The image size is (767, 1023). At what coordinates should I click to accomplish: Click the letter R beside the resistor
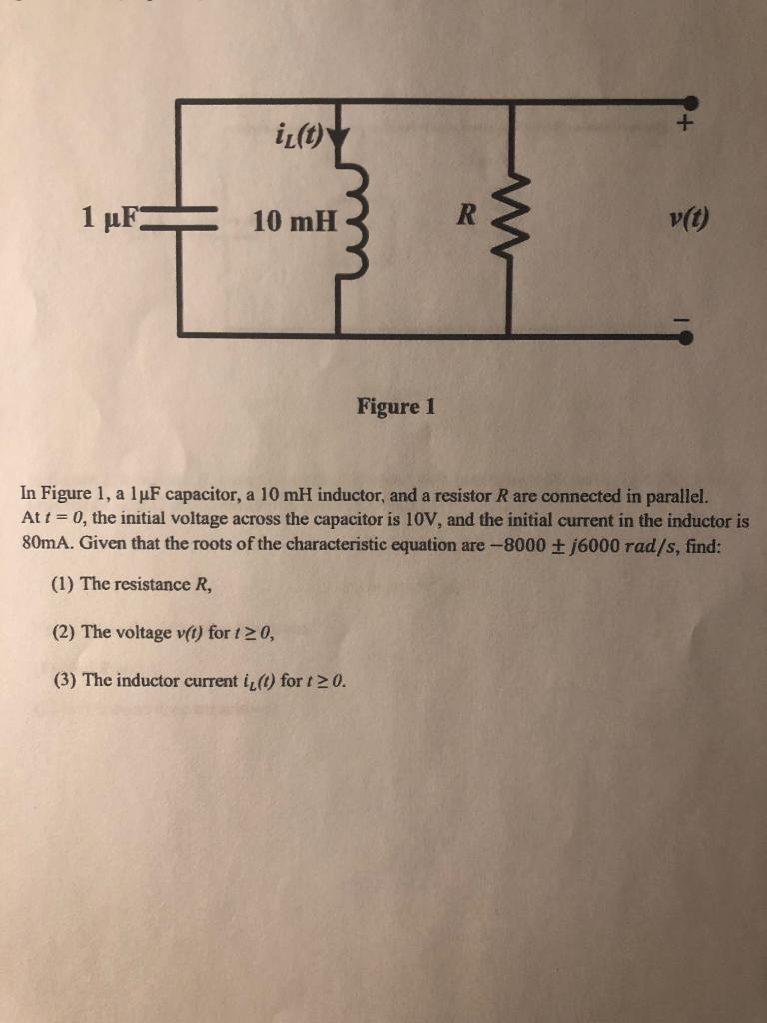pyautogui.click(x=467, y=213)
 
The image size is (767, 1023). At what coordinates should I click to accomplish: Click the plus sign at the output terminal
pyautogui.click(x=685, y=127)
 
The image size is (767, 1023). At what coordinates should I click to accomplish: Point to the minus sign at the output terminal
pyautogui.click(x=683, y=319)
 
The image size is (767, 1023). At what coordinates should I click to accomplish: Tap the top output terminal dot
pyautogui.click(x=690, y=102)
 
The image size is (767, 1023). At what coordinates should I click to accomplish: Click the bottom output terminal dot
pyautogui.click(x=686, y=337)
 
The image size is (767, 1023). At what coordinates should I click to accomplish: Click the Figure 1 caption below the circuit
pyautogui.click(x=395, y=407)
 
